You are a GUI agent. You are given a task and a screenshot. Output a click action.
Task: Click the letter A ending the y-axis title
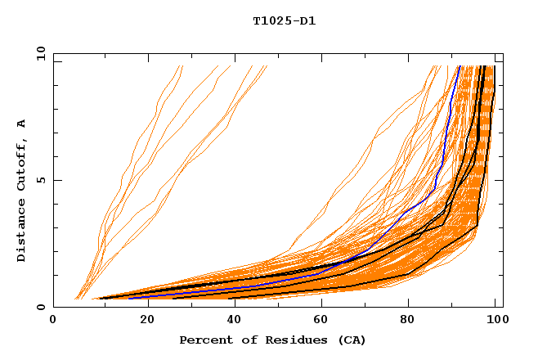[x=22, y=123]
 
